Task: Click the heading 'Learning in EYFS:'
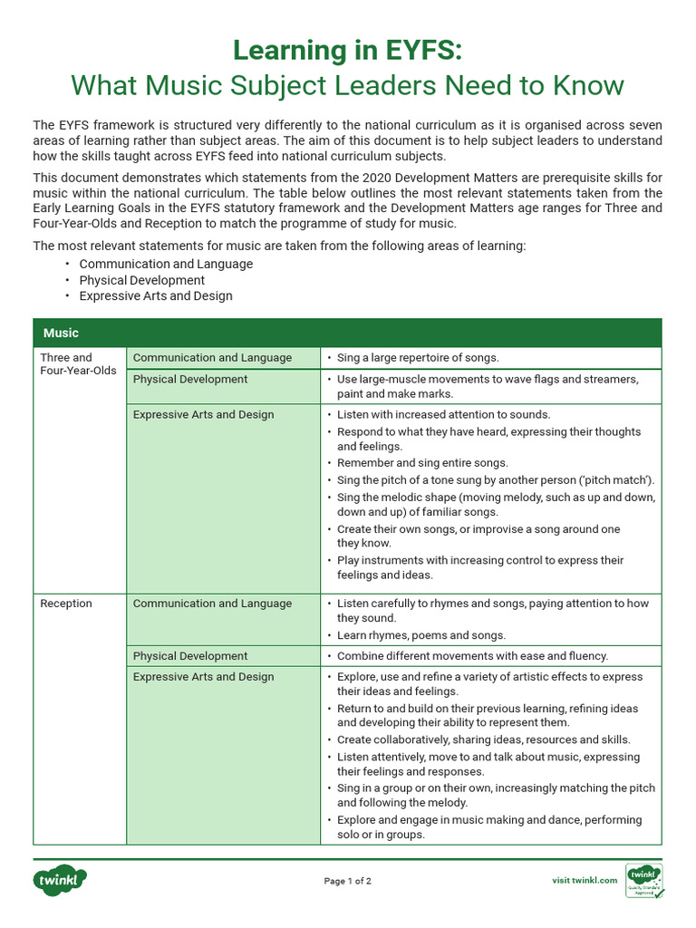347,49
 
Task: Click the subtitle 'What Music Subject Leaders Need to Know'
347,85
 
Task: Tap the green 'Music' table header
61,333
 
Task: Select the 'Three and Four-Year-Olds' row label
78,364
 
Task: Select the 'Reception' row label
65,604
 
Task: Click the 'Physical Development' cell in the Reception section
189,656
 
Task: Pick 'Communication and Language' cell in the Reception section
212,604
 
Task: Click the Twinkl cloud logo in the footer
61,880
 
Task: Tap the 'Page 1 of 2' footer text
348,881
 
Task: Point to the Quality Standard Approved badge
644,880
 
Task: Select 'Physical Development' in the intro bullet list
141,280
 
